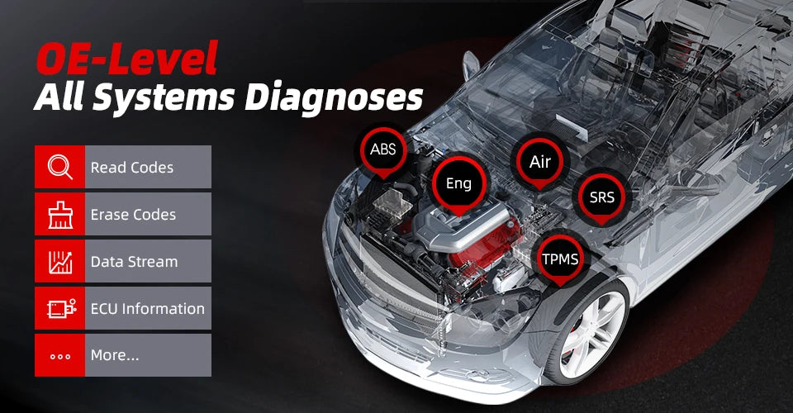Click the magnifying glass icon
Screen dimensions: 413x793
point(59,167)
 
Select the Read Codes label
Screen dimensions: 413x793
point(132,168)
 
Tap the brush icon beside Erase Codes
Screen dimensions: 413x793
point(59,214)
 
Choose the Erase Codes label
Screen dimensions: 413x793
point(133,215)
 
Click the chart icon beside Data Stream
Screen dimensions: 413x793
point(59,261)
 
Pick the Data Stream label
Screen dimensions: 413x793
point(134,262)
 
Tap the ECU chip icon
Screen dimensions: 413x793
point(59,308)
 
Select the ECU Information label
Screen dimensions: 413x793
point(147,309)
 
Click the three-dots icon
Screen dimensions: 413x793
point(59,356)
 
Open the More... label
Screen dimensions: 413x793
point(115,356)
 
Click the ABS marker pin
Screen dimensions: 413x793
point(382,150)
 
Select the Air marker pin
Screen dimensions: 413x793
point(539,162)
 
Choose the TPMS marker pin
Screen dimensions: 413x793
point(562,259)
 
